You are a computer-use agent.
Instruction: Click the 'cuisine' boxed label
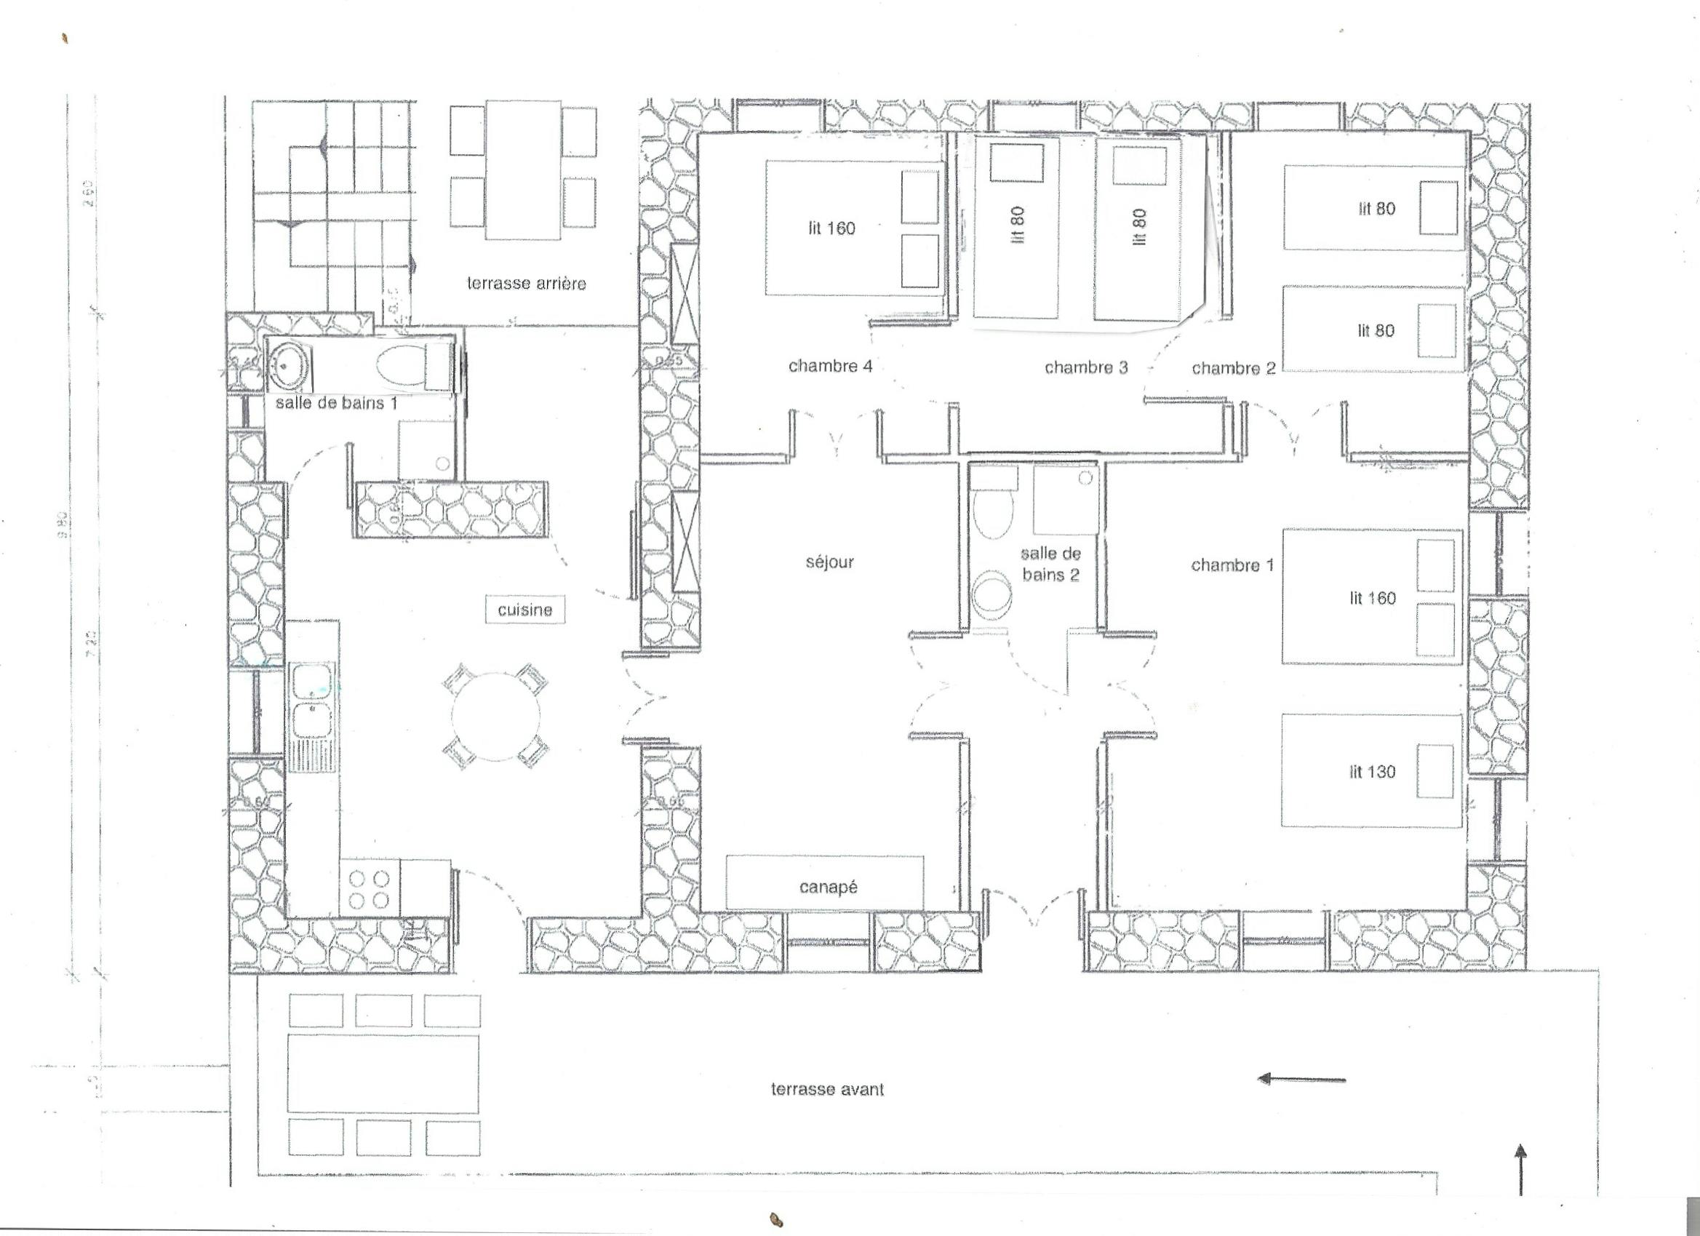click(x=524, y=610)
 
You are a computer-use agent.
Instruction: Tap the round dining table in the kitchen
click(x=496, y=717)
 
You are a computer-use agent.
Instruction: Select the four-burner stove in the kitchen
click(x=370, y=889)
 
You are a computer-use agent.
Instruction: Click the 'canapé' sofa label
click(x=829, y=888)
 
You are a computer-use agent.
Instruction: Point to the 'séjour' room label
click(x=830, y=562)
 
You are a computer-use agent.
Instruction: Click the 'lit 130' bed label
click(x=1373, y=772)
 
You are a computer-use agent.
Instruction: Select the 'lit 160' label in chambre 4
click(x=831, y=228)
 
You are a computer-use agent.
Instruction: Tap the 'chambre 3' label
click(x=1086, y=367)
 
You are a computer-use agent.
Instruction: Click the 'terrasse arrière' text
click(x=526, y=283)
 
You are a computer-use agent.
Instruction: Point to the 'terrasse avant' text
click(x=828, y=1089)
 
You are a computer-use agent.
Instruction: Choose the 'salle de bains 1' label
click(x=337, y=403)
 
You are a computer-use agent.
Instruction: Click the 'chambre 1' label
click(x=1232, y=565)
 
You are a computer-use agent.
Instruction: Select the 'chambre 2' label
click(x=1233, y=368)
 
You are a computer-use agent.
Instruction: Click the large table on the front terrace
click(x=383, y=1073)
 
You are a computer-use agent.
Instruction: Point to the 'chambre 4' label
click(x=830, y=367)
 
